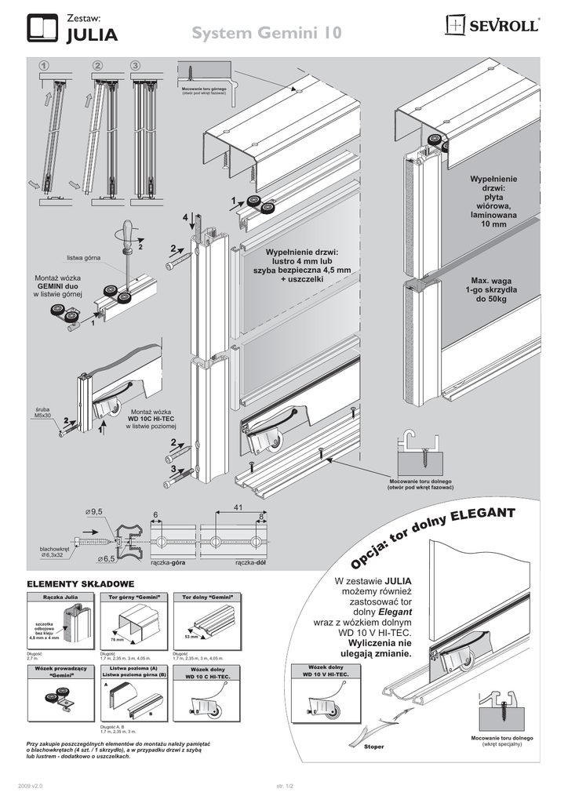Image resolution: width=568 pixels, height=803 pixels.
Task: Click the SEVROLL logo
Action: click(492, 26)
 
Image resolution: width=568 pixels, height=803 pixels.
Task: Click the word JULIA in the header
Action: click(92, 35)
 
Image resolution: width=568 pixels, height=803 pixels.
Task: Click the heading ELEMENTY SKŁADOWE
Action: click(81, 584)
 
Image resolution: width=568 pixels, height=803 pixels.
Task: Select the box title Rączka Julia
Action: click(60, 598)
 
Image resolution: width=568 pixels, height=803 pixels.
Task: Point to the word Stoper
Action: click(373, 747)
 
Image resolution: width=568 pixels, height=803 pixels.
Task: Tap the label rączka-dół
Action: click(249, 563)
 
